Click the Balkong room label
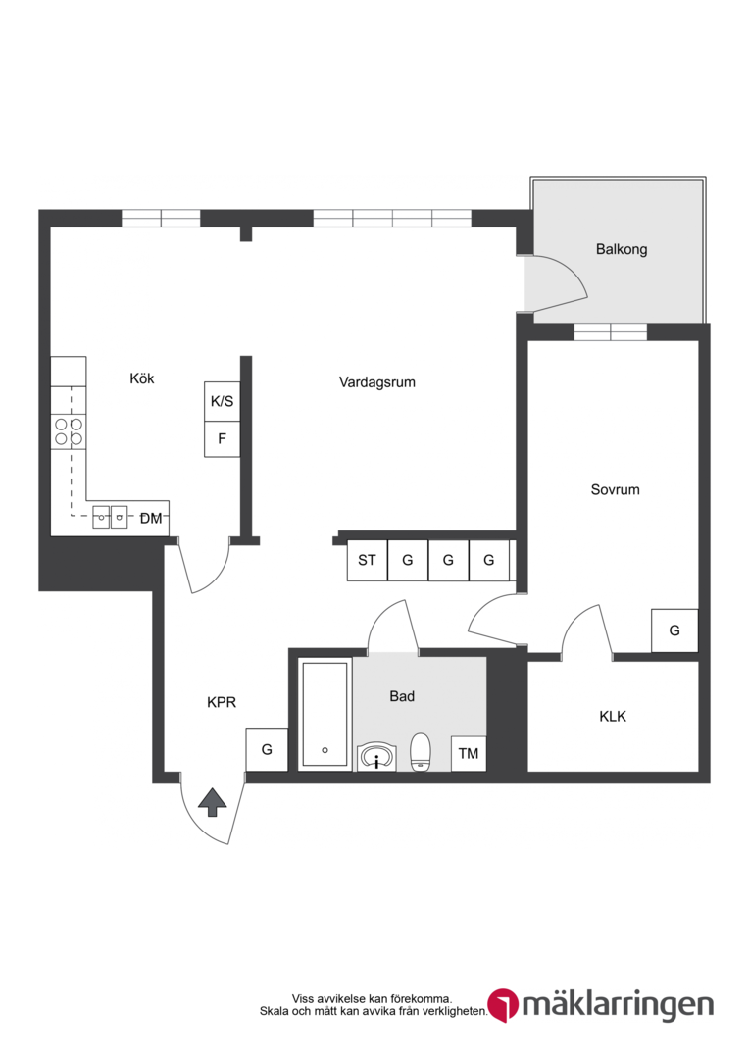coord(622,249)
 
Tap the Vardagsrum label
coord(376,382)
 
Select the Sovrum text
coord(615,489)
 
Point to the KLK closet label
coord(613,716)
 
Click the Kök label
coord(142,378)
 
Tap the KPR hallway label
coord(222,702)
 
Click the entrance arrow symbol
coord(213,802)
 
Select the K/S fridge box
coord(223,402)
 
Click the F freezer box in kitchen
coord(223,439)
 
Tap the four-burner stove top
coord(69,432)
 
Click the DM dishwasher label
coord(151,519)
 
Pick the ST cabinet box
coord(368,560)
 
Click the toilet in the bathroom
coord(421,751)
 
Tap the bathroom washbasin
coord(376,756)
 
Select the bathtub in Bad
coord(325,715)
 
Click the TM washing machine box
coord(469,753)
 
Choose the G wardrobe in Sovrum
coord(674,630)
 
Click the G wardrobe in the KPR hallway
coord(267,750)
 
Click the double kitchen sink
coord(110,518)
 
